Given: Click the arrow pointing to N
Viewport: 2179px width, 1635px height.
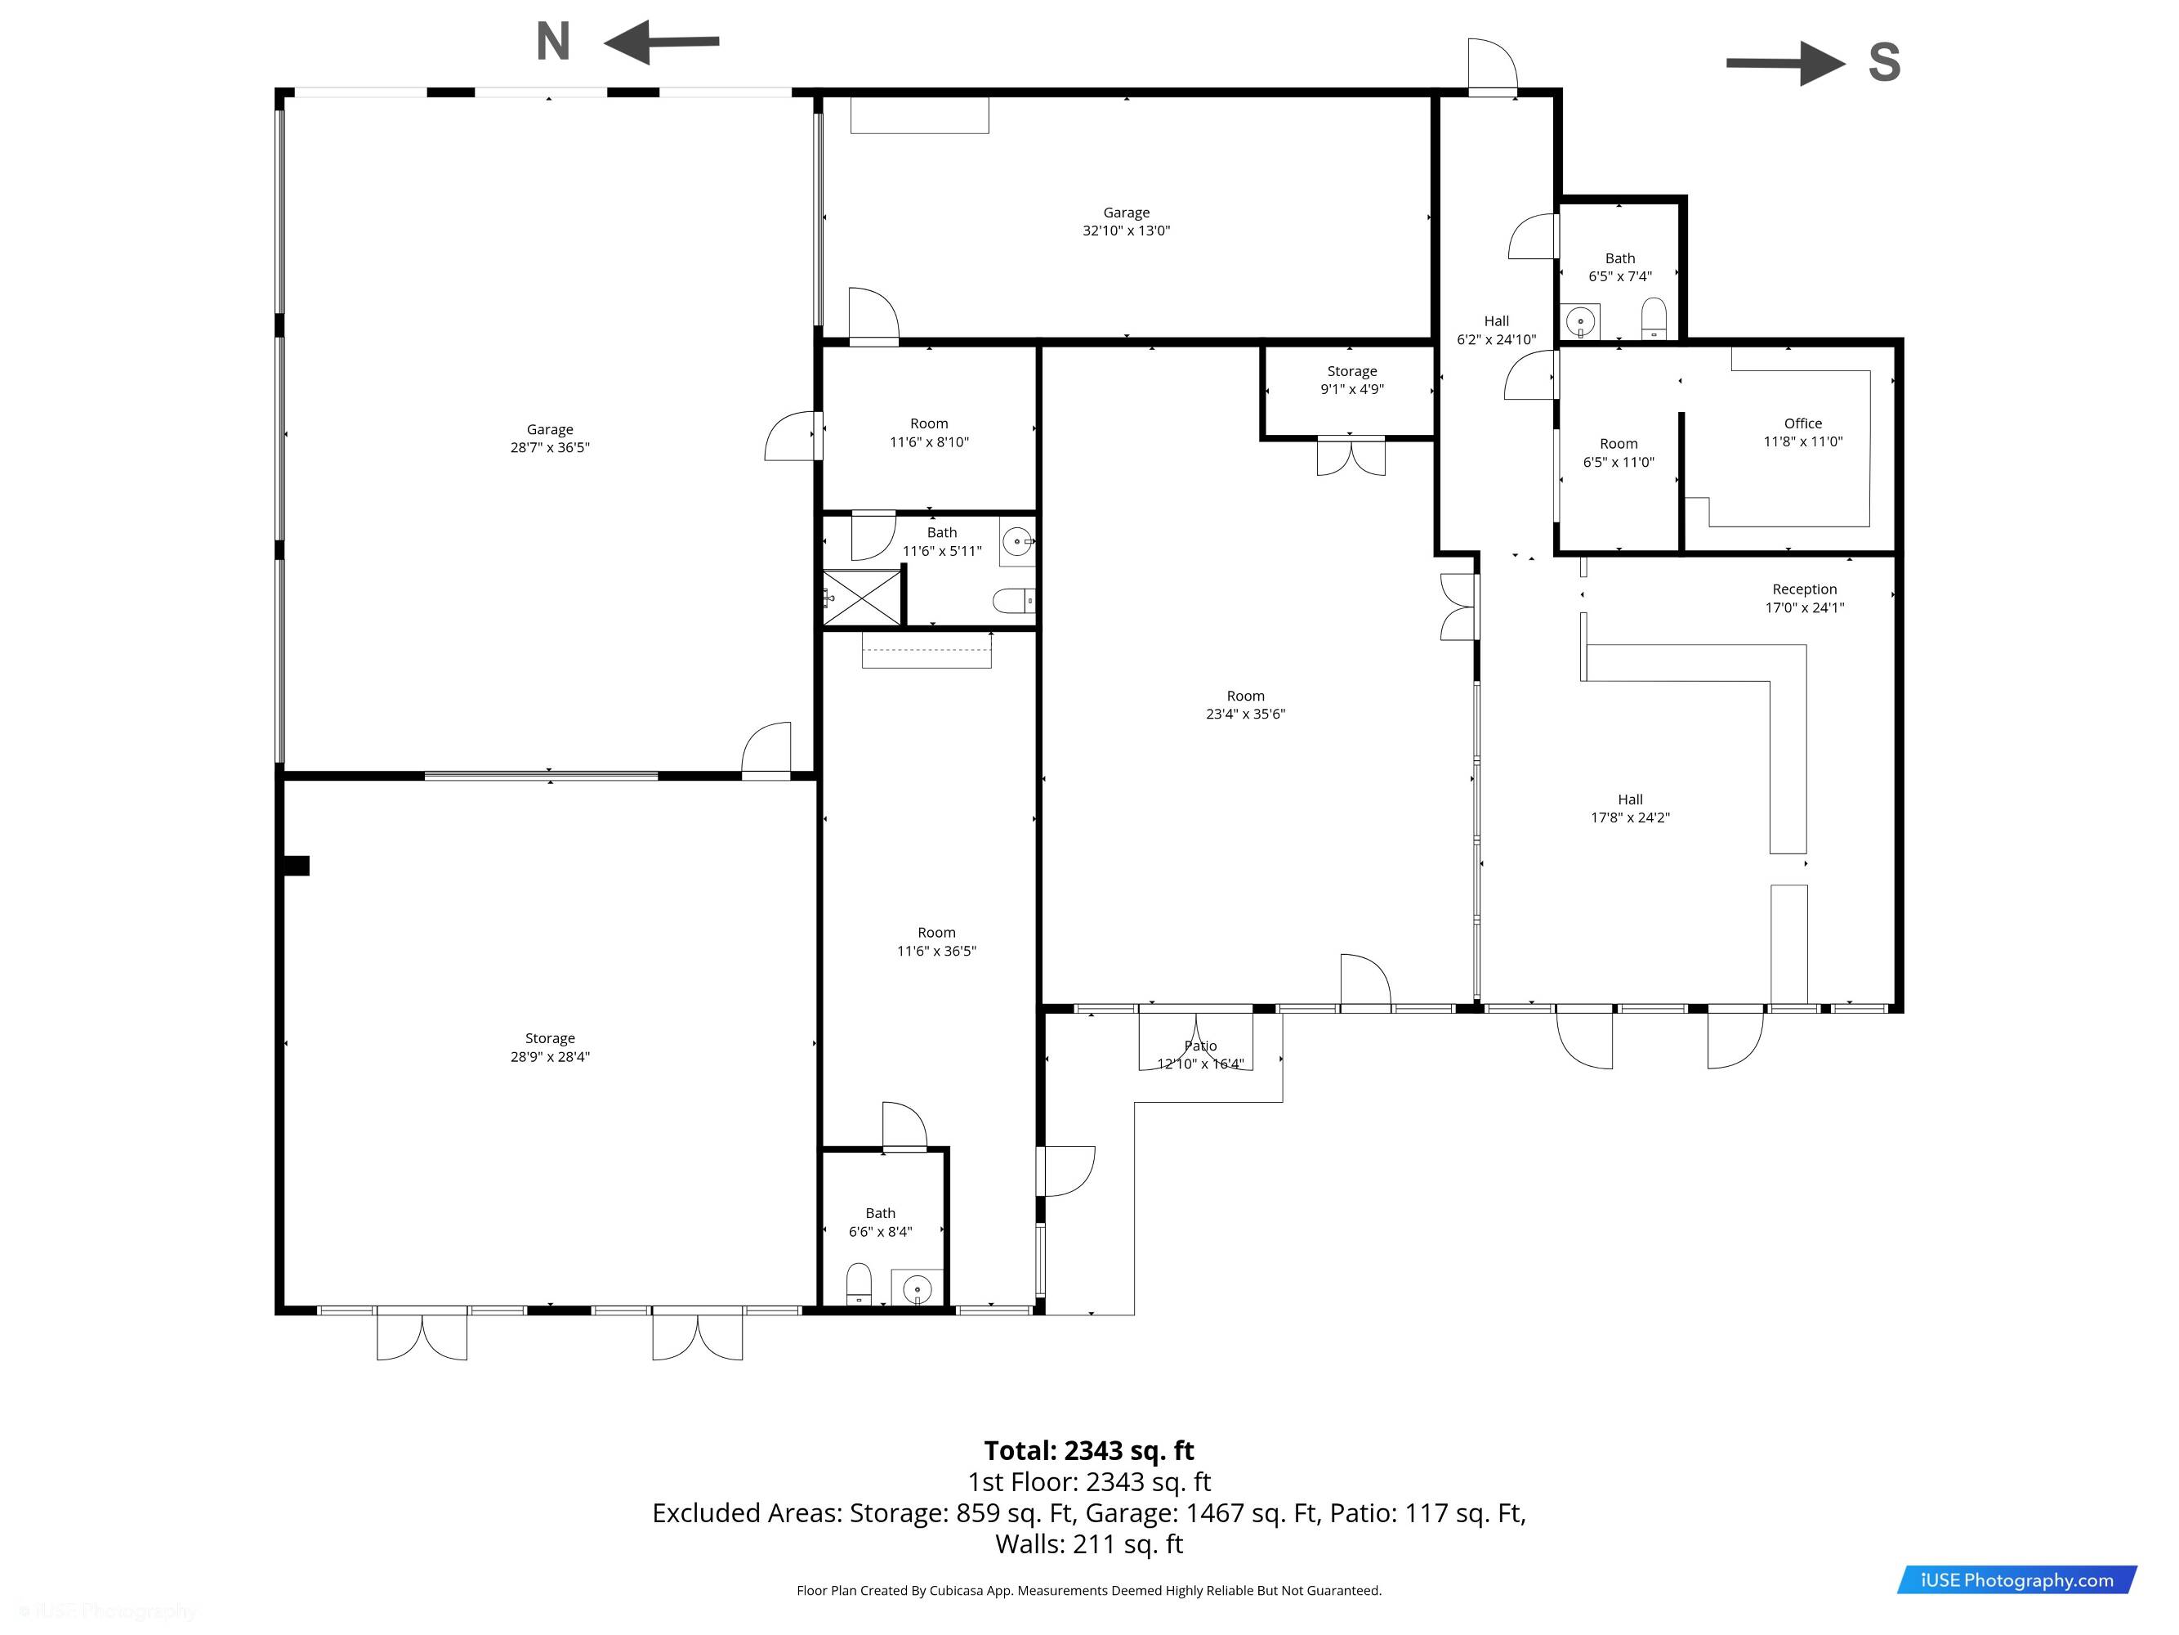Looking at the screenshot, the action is [661, 43].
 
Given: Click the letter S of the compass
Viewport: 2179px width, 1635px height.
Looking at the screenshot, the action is [1883, 62].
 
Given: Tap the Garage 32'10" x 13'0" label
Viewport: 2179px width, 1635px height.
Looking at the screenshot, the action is [1126, 222].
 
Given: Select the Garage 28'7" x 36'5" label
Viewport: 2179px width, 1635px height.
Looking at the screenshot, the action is [550, 438].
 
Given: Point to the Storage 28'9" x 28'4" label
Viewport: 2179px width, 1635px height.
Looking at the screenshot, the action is [550, 1047].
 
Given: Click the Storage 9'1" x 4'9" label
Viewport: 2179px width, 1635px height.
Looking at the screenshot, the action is [1351, 380].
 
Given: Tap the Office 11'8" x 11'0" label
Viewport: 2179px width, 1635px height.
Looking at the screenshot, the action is [1802, 432].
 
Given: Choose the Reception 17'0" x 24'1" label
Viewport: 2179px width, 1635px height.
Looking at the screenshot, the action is [1805, 598].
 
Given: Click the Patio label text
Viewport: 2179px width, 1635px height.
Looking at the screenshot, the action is [1200, 1046].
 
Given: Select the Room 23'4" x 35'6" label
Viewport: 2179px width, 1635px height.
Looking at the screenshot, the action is [1245, 705].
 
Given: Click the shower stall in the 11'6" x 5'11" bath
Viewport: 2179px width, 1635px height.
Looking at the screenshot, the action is [862, 598].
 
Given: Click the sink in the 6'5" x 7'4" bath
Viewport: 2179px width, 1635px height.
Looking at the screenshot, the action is [1580, 321].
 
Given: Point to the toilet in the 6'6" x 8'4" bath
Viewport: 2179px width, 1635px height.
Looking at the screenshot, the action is [859, 1284].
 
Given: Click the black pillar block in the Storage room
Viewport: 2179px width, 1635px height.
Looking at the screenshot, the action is [296, 865].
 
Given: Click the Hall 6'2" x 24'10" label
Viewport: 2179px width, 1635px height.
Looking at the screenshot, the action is [1496, 330].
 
